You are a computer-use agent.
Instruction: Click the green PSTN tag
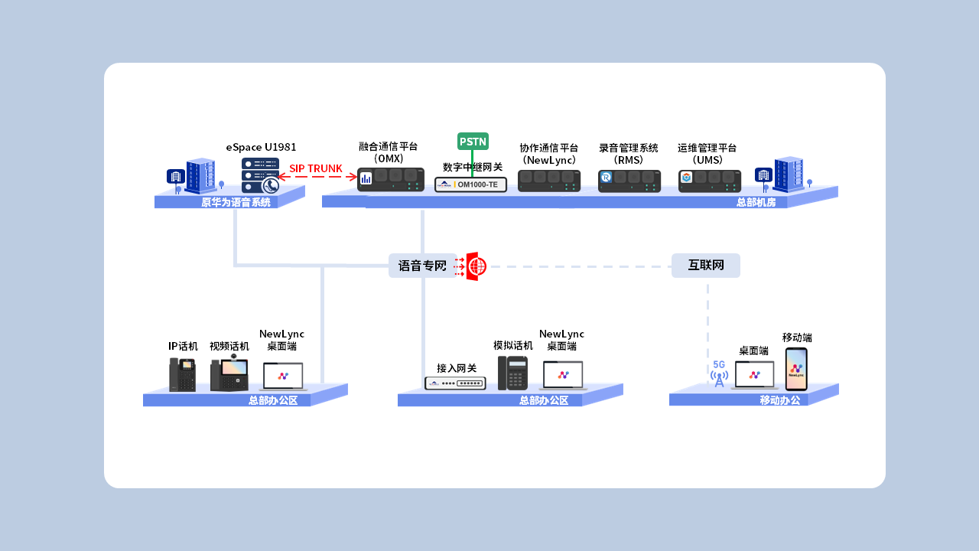[x=473, y=142]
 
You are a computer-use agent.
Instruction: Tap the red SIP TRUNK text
[x=316, y=168]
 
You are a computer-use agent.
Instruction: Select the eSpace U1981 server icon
[x=260, y=175]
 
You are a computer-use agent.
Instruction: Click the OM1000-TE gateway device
[x=471, y=184]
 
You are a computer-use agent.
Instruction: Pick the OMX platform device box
[x=391, y=179]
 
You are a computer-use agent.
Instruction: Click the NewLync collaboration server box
[x=549, y=181]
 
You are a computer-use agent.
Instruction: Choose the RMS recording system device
[x=629, y=181]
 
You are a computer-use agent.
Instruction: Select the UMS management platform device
[x=710, y=181]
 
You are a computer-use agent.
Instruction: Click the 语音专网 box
[x=422, y=266]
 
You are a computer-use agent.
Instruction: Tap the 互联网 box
[x=705, y=266]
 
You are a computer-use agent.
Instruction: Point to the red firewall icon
[x=476, y=266]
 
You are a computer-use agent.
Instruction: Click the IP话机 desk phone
[x=182, y=374]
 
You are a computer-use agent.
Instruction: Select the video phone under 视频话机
[x=229, y=374]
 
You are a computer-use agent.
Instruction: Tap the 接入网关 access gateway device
[x=455, y=383]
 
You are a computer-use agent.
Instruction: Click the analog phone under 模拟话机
[x=512, y=373]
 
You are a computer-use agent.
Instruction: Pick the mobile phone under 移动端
[x=796, y=369]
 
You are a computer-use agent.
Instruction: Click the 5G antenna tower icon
[x=719, y=374]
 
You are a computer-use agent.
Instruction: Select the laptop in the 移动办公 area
[x=754, y=375]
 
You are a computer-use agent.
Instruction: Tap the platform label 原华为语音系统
[x=236, y=203]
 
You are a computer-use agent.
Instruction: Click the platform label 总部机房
[x=756, y=203]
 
